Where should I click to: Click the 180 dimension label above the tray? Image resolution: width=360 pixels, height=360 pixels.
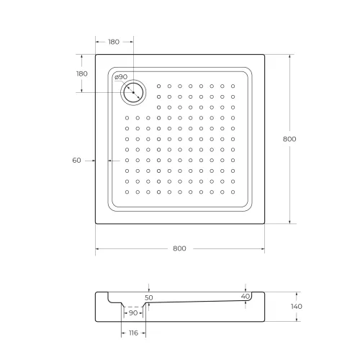(114, 42)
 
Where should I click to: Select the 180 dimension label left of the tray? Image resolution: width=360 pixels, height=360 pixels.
(81, 73)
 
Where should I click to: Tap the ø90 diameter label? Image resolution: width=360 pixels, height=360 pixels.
(121, 77)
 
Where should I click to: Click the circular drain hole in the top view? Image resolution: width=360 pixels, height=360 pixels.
(133, 91)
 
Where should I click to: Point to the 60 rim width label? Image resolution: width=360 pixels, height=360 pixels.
(76, 161)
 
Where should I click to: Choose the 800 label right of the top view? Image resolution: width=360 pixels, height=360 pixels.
(289, 138)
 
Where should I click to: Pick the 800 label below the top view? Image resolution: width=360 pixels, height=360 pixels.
(179, 248)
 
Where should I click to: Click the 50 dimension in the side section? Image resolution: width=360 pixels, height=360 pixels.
(149, 297)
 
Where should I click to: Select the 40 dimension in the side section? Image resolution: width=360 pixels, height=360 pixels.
(246, 296)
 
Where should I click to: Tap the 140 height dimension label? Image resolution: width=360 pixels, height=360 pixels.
(297, 307)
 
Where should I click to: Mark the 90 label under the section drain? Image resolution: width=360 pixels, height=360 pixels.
(132, 313)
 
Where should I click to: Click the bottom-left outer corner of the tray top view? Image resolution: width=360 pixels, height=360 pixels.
(96, 223)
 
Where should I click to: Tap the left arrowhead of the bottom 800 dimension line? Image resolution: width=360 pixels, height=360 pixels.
(97, 248)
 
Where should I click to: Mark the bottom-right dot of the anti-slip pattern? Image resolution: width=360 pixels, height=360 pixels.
(232, 192)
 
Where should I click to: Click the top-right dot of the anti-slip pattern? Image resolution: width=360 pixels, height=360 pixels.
(232, 87)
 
